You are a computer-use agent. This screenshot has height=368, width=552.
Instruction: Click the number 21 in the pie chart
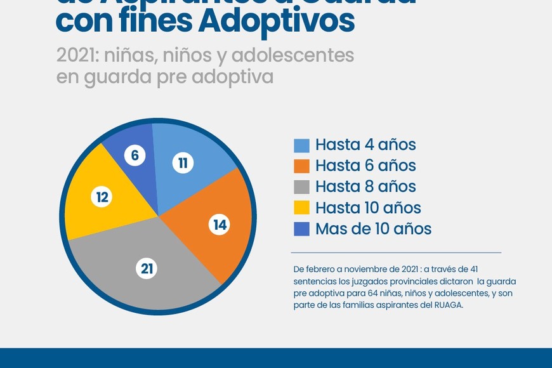coord(147,269)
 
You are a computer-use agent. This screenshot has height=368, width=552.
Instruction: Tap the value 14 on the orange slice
coord(220,225)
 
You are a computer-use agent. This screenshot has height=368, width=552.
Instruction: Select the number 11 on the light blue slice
coord(183,163)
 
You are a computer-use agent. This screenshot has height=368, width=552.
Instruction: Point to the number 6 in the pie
coord(135,155)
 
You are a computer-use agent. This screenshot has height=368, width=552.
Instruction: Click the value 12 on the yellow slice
coord(102,197)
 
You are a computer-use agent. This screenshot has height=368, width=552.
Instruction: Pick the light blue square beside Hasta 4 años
coord(302,145)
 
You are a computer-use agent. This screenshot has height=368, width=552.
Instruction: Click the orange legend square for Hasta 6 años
coord(302,166)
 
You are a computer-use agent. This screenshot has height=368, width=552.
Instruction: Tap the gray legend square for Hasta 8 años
coord(302,187)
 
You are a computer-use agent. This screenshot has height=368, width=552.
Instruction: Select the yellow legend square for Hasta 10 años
coord(302,207)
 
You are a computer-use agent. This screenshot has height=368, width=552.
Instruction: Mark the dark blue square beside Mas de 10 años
coord(302,228)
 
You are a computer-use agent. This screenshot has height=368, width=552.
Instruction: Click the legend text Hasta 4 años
coord(365,145)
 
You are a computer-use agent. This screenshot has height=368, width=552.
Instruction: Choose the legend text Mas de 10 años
coord(373,228)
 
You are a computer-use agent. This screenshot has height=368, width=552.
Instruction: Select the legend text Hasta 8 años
coord(365,187)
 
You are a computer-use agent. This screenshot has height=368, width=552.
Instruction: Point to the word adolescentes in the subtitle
coord(292,55)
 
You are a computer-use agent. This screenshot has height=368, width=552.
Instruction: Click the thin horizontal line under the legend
coord(396,253)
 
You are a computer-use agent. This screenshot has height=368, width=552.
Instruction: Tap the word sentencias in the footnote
coord(315,281)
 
